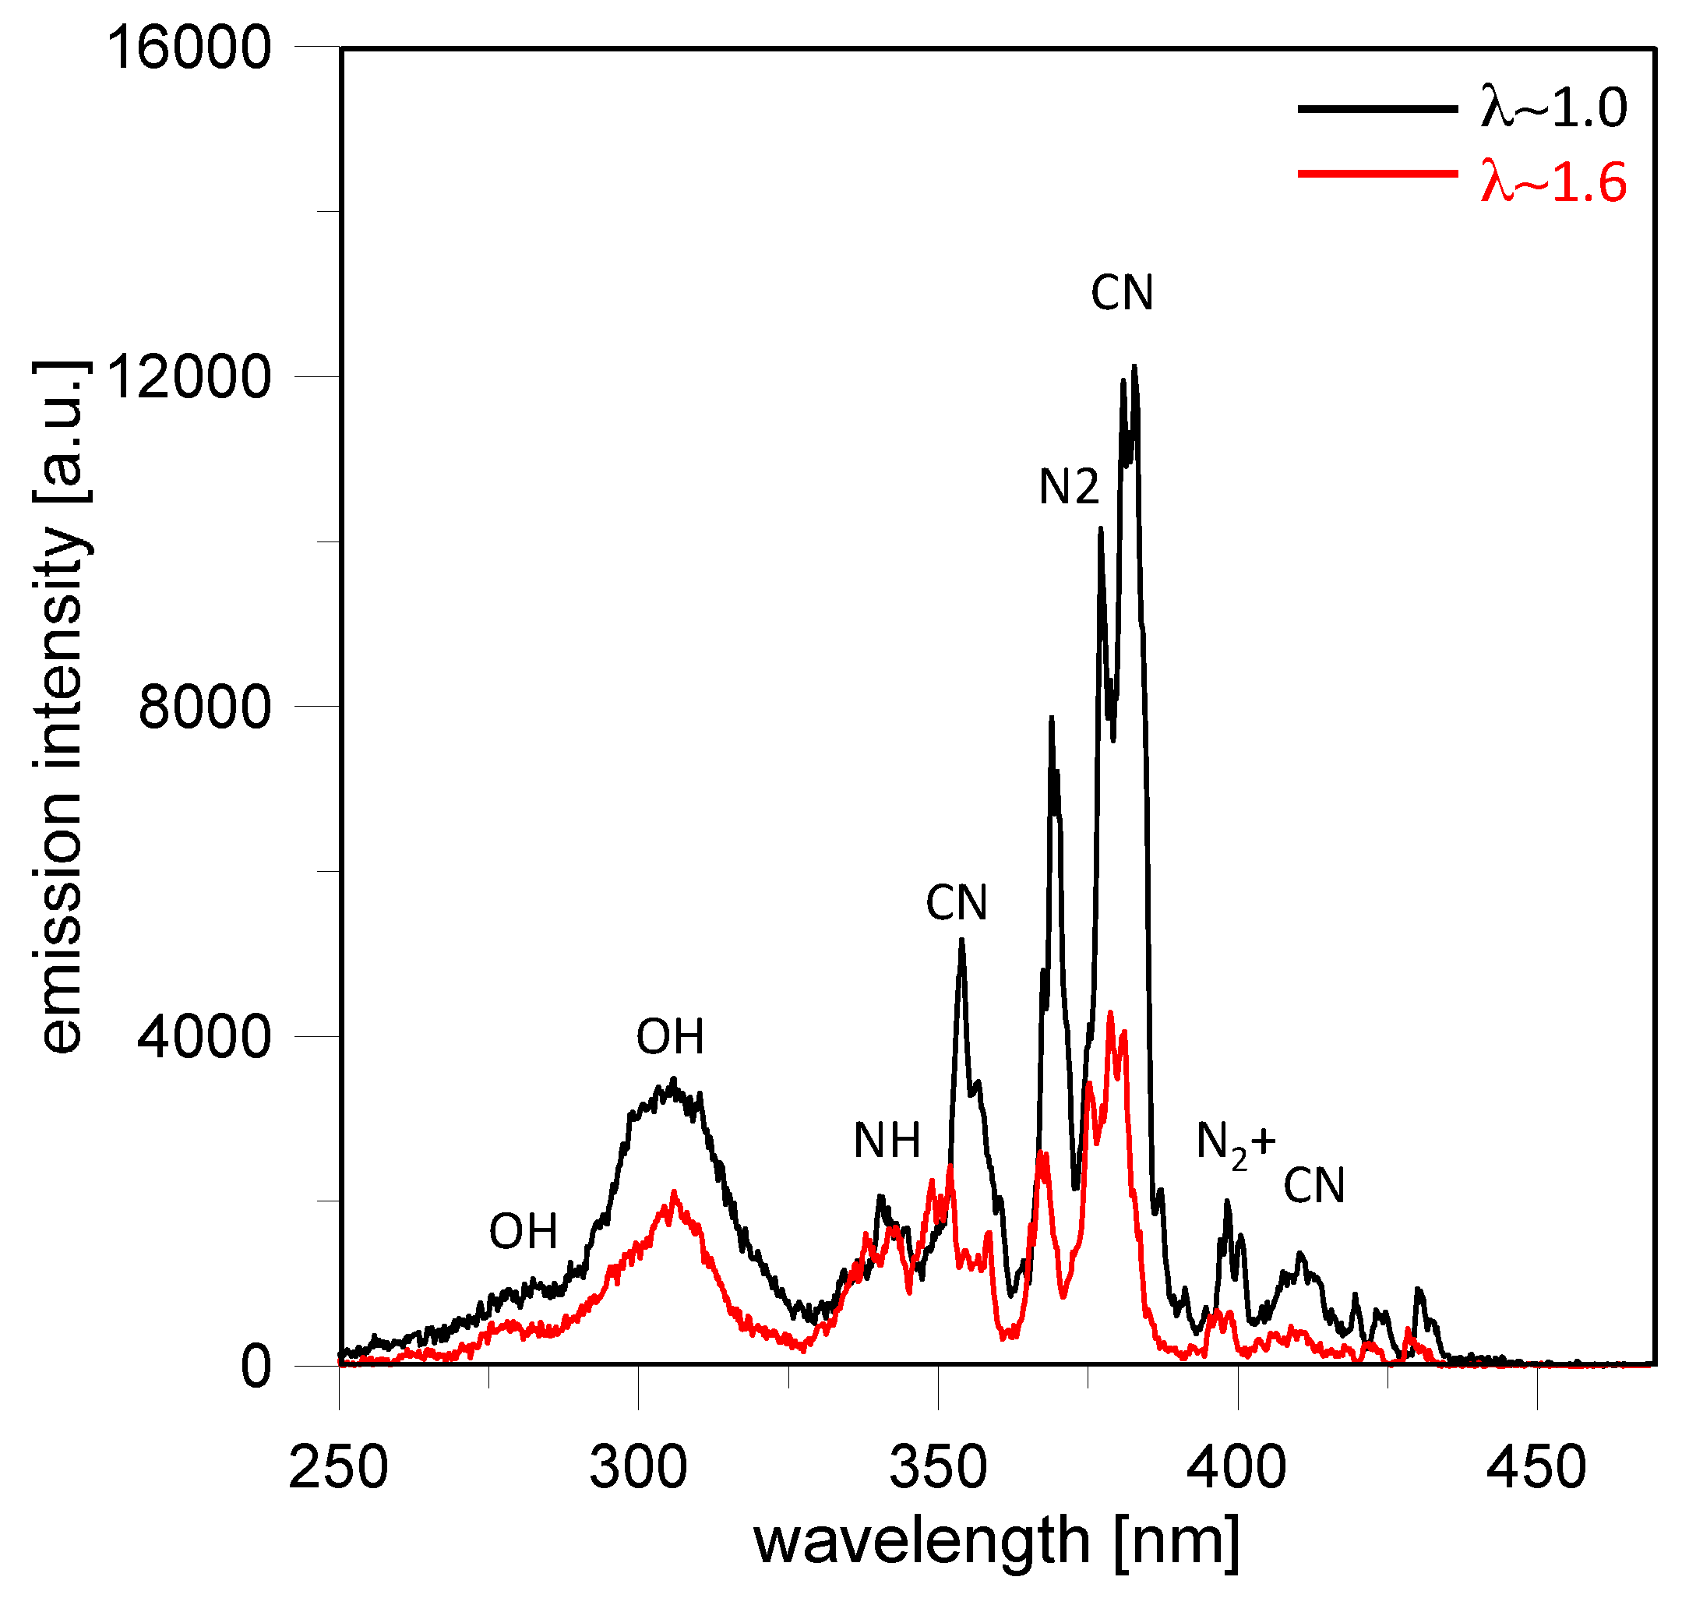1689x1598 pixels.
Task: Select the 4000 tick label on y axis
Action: tap(204, 1038)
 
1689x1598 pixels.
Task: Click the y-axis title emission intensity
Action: tap(60, 707)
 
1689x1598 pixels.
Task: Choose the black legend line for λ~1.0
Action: tap(1377, 108)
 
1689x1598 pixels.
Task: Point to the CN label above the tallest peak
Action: tap(1122, 294)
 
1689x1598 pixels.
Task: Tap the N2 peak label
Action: tap(1069, 488)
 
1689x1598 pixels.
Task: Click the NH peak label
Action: tap(887, 1141)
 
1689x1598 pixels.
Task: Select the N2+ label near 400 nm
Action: tap(1235, 1144)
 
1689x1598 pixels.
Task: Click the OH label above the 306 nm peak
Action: tap(670, 1037)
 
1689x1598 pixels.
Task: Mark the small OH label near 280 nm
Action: tap(523, 1231)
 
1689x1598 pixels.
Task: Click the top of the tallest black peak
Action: tap(1134, 368)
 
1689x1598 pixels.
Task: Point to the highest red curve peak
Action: tap(1110, 1013)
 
